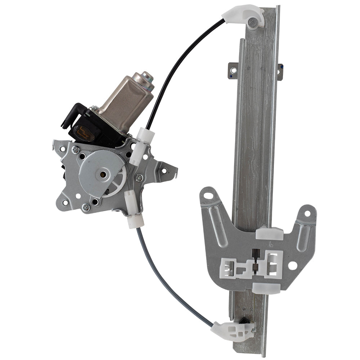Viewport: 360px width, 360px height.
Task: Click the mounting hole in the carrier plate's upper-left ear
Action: pos(208,196)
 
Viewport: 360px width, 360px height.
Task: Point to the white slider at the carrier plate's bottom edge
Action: pos(266,288)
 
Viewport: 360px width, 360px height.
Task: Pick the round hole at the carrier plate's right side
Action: pos(293,266)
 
